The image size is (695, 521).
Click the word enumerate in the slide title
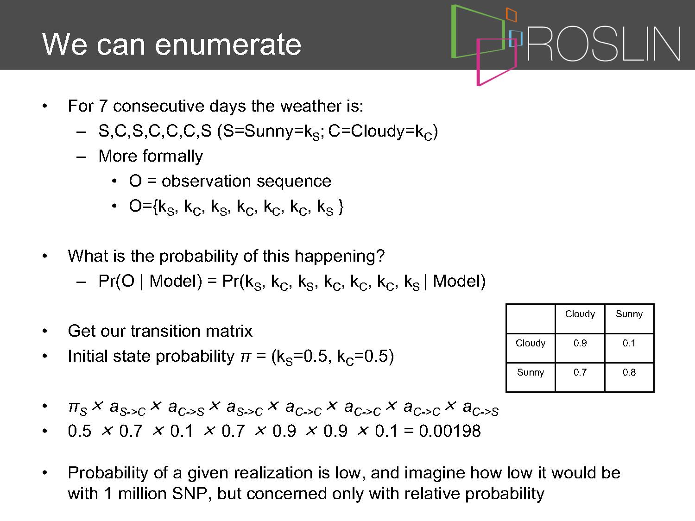point(228,44)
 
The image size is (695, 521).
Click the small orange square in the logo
point(511,14)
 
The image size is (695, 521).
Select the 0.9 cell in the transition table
point(580,343)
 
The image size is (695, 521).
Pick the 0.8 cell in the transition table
point(629,372)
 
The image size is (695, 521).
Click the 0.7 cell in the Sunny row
point(580,372)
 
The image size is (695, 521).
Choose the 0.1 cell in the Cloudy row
point(629,343)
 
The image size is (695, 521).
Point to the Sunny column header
point(629,314)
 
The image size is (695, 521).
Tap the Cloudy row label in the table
point(531,343)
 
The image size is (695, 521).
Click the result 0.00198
point(450,431)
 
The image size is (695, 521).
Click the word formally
point(173,157)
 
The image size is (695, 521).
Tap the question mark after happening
point(380,255)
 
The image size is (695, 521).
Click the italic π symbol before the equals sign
point(246,357)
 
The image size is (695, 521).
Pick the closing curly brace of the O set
point(341,207)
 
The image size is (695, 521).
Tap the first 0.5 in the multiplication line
point(80,431)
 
